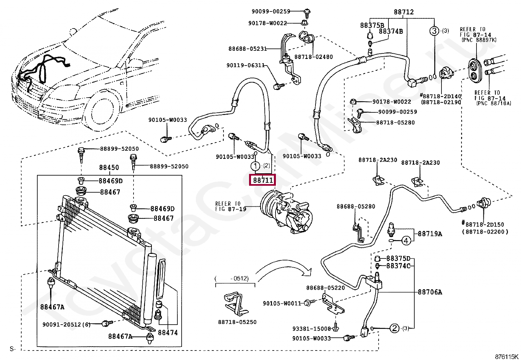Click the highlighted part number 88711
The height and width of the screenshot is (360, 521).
[262, 180]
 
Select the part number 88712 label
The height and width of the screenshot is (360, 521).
[404, 12]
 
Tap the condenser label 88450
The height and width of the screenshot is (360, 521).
[109, 167]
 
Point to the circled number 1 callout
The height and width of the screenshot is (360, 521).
[255, 166]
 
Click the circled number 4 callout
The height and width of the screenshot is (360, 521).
[406, 240]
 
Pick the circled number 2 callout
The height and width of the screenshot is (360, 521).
[394, 328]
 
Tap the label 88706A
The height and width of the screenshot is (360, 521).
[430, 292]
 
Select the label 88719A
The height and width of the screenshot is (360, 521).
[430, 234]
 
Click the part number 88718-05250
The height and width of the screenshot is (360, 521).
[237, 322]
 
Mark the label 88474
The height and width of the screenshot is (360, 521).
[168, 332]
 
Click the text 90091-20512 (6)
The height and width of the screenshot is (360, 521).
[66, 324]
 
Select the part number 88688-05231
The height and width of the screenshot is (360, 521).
[247, 49]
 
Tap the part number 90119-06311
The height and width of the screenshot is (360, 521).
[246, 66]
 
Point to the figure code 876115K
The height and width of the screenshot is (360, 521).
[506, 357]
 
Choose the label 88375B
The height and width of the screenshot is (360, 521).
[372, 25]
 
